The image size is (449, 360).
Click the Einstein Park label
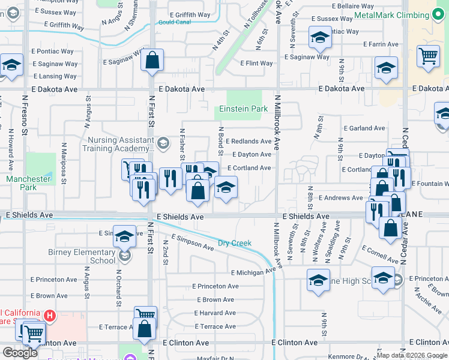pos(243,109)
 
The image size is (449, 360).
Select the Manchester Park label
pos(28,183)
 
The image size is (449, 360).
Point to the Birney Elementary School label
pos(86,256)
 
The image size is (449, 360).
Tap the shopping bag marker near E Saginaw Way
pos(152,60)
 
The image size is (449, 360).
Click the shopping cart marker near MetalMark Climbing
pos(428,57)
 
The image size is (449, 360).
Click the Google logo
pos(20,353)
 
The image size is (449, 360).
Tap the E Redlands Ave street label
pos(249,142)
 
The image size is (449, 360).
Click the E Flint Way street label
pos(256,63)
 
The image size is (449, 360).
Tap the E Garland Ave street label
pos(364,128)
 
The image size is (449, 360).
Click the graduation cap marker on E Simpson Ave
pos(124,237)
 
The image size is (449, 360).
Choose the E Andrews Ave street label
pos(341,197)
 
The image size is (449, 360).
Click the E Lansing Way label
pos(55,77)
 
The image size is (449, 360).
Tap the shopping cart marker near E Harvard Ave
pos(145,314)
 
